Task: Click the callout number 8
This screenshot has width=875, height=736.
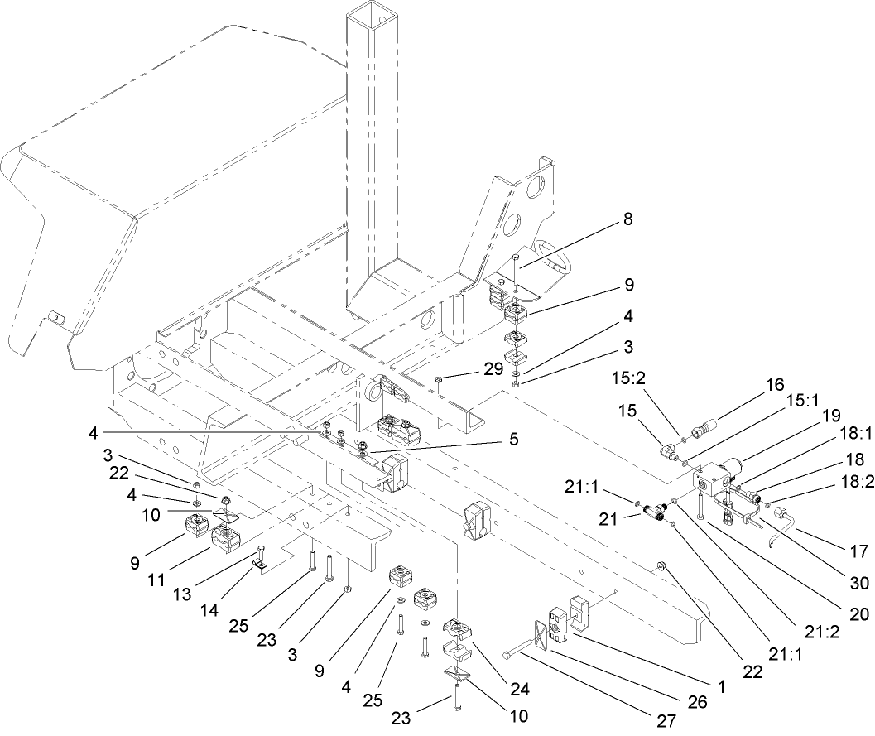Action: point(627,221)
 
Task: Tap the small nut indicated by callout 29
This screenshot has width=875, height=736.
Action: point(439,381)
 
